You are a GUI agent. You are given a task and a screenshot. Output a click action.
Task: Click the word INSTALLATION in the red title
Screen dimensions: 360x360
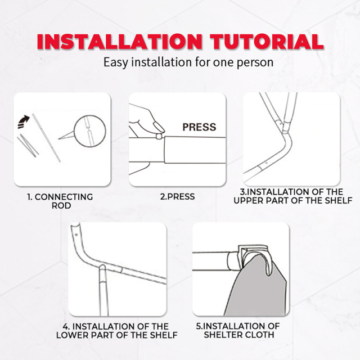[x=119, y=42]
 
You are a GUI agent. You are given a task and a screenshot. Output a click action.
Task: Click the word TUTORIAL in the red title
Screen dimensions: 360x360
[x=267, y=42]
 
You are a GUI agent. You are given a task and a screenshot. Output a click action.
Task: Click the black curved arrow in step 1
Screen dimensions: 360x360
[x=24, y=122]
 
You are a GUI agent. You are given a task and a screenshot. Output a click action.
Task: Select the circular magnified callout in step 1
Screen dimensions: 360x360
[x=90, y=131]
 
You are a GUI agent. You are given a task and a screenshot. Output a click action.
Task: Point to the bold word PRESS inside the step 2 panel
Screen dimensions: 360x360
[x=199, y=127]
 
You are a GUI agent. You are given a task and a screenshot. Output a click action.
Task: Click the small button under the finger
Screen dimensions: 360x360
[x=159, y=136]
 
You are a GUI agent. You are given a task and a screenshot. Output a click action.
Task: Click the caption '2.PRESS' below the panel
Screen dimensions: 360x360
[x=177, y=196]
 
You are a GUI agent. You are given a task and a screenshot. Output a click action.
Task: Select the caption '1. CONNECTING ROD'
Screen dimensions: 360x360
[x=60, y=201]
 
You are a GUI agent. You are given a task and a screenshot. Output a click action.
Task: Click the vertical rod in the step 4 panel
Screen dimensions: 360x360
[x=103, y=290]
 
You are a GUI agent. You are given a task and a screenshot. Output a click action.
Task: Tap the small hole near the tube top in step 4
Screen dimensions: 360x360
[x=76, y=235]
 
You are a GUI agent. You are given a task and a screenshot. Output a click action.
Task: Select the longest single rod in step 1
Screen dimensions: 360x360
[x=46, y=138]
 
